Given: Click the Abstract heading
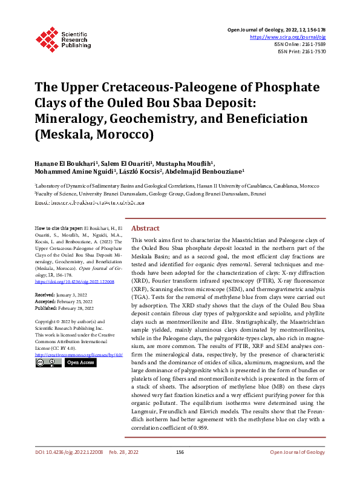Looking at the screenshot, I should pyautogui.click(x=145, y=228).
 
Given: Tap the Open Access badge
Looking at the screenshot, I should pyautogui.click(x=80, y=362).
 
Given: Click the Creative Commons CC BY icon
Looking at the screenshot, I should pyautogui.click(x=48, y=362).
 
